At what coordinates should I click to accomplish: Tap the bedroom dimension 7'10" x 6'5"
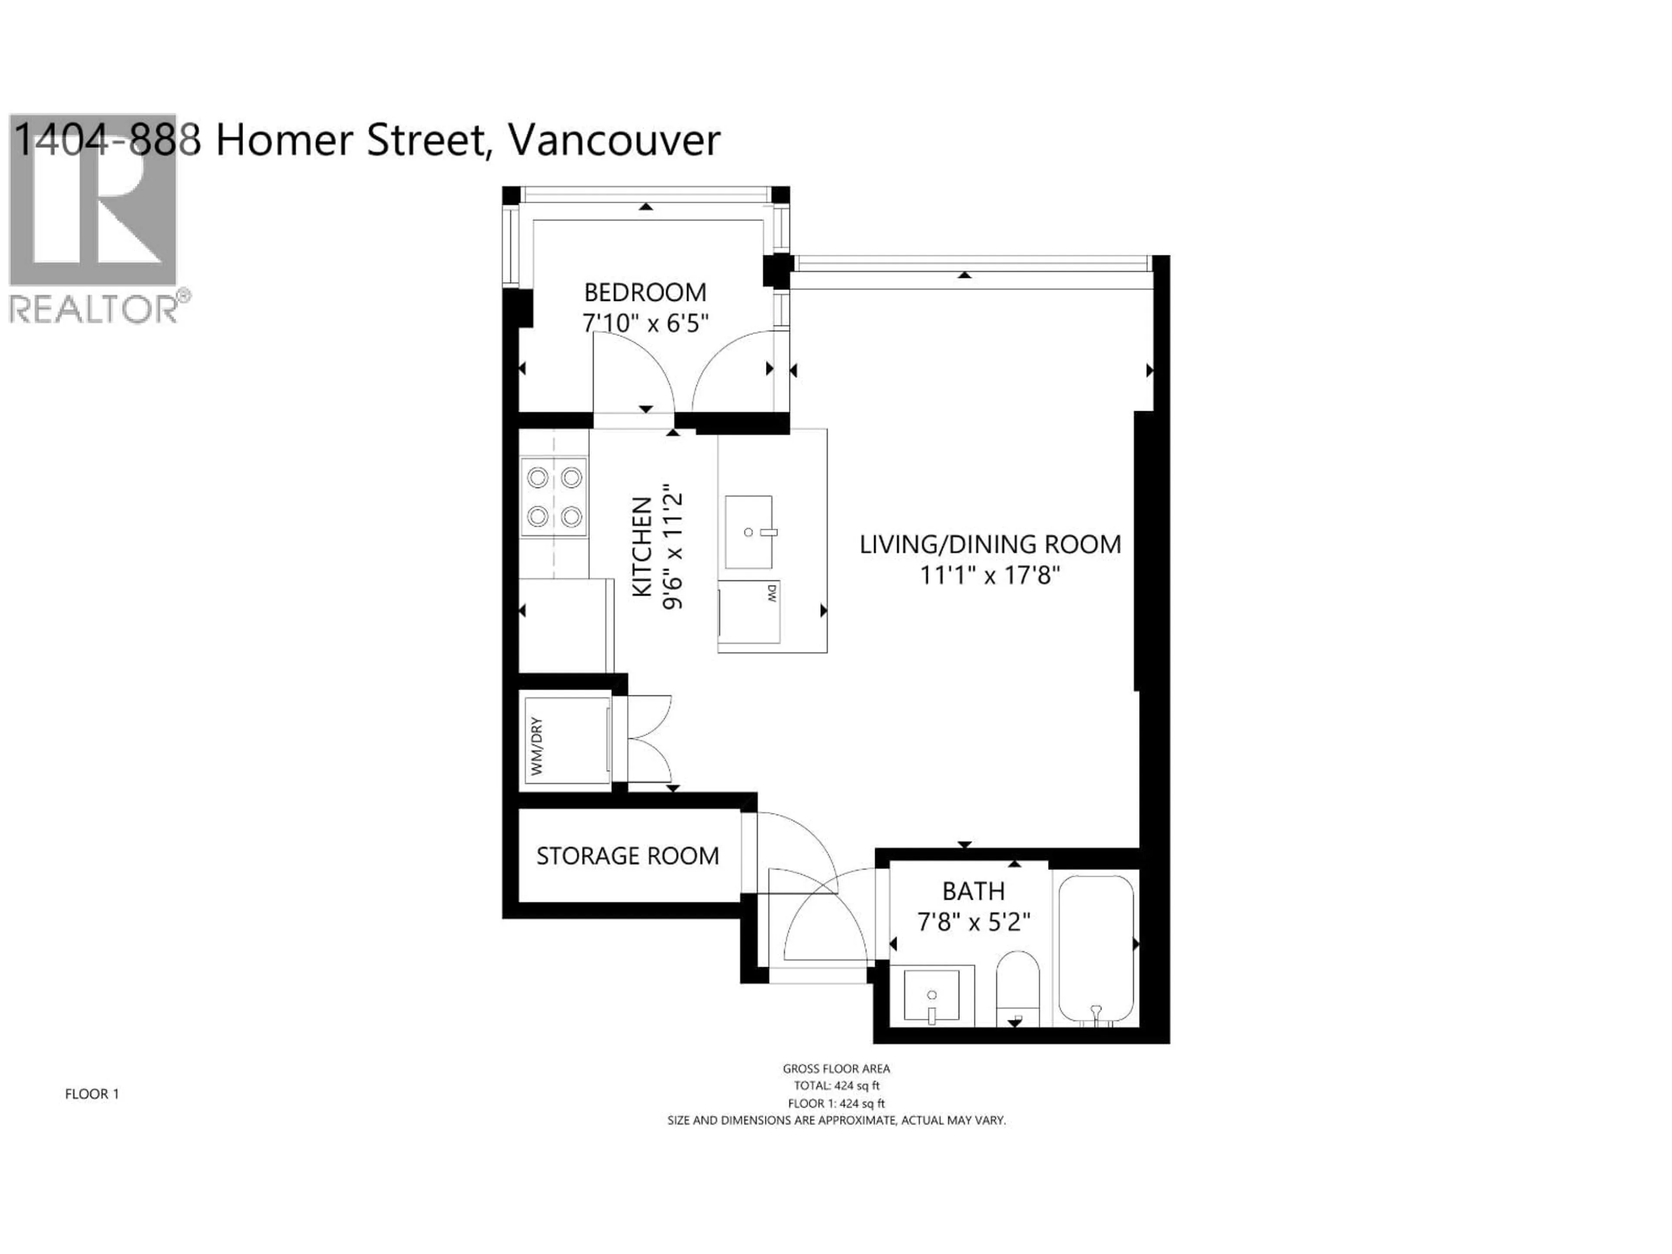(645, 324)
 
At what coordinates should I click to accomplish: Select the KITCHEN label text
(642, 546)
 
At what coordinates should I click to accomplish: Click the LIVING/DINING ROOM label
(989, 544)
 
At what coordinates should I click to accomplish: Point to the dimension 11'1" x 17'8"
(989, 576)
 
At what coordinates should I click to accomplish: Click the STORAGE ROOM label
(627, 856)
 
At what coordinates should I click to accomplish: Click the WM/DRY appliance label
(537, 746)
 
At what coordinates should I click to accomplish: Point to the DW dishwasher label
(772, 593)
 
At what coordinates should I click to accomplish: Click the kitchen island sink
(749, 532)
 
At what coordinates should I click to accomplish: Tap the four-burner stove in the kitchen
(554, 497)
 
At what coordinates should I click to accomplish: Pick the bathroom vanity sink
(932, 996)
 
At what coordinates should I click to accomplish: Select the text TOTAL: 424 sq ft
(836, 1085)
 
